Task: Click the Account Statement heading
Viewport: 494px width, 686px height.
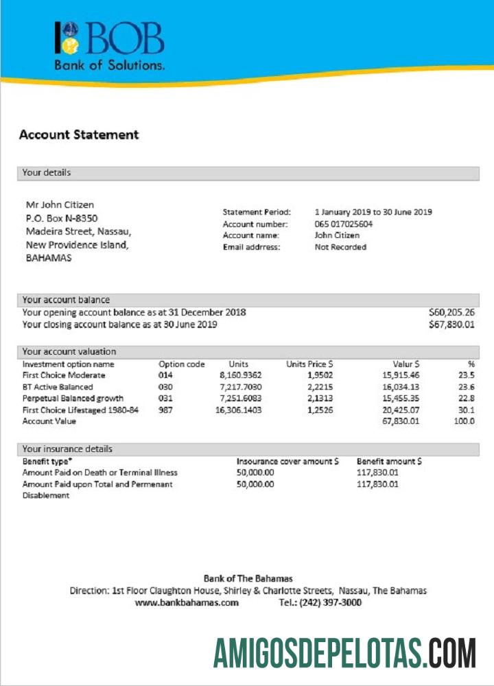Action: (x=79, y=135)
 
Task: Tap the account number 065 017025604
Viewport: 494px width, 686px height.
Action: (x=344, y=224)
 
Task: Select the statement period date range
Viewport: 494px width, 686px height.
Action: (x=373, y=212)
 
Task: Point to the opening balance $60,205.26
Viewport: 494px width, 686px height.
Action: (x=451, y=312)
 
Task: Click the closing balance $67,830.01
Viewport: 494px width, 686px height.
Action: (x=451, y=324)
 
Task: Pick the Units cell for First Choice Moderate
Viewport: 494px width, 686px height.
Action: (x=240, y=375)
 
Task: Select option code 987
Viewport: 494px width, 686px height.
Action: (x=167, y=410)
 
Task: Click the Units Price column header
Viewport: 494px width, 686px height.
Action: (x=309, y=364)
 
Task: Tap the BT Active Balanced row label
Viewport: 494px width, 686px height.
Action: (x=58, y=387)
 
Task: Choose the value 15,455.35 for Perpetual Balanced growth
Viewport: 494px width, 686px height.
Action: (x=401, y=398)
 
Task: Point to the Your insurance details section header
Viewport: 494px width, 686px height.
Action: (x=67, y=449)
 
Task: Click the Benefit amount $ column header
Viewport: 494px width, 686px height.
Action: (x=389, y=462)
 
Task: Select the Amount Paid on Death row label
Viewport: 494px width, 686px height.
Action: (x=99, y=473)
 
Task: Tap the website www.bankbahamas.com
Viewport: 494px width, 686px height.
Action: (x=187, y=602)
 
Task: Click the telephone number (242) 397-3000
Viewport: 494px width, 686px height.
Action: (x=320, y=602)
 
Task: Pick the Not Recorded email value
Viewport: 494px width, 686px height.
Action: (x=340, y=247)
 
